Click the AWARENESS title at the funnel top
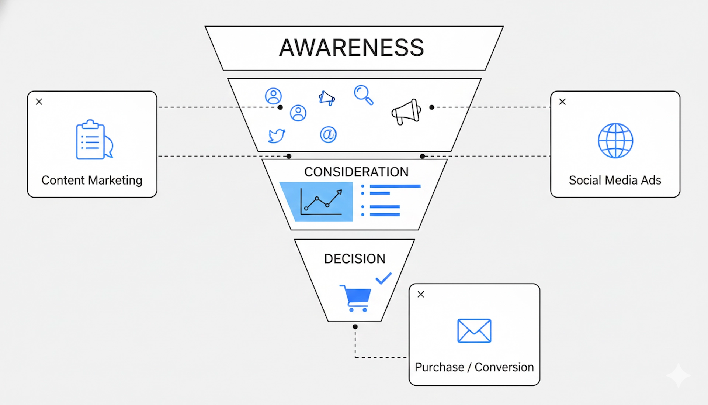351,48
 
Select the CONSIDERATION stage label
356,172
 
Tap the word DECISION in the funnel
355,259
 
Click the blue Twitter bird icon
277,135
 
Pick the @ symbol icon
328,134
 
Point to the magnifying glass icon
364,95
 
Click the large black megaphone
406,111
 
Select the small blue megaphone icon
327,98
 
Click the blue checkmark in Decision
383,278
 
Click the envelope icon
474,331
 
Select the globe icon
615,141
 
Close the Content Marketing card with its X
39,102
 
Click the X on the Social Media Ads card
562,102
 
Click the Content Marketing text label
92,180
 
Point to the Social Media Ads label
615,180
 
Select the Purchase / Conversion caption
474,367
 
